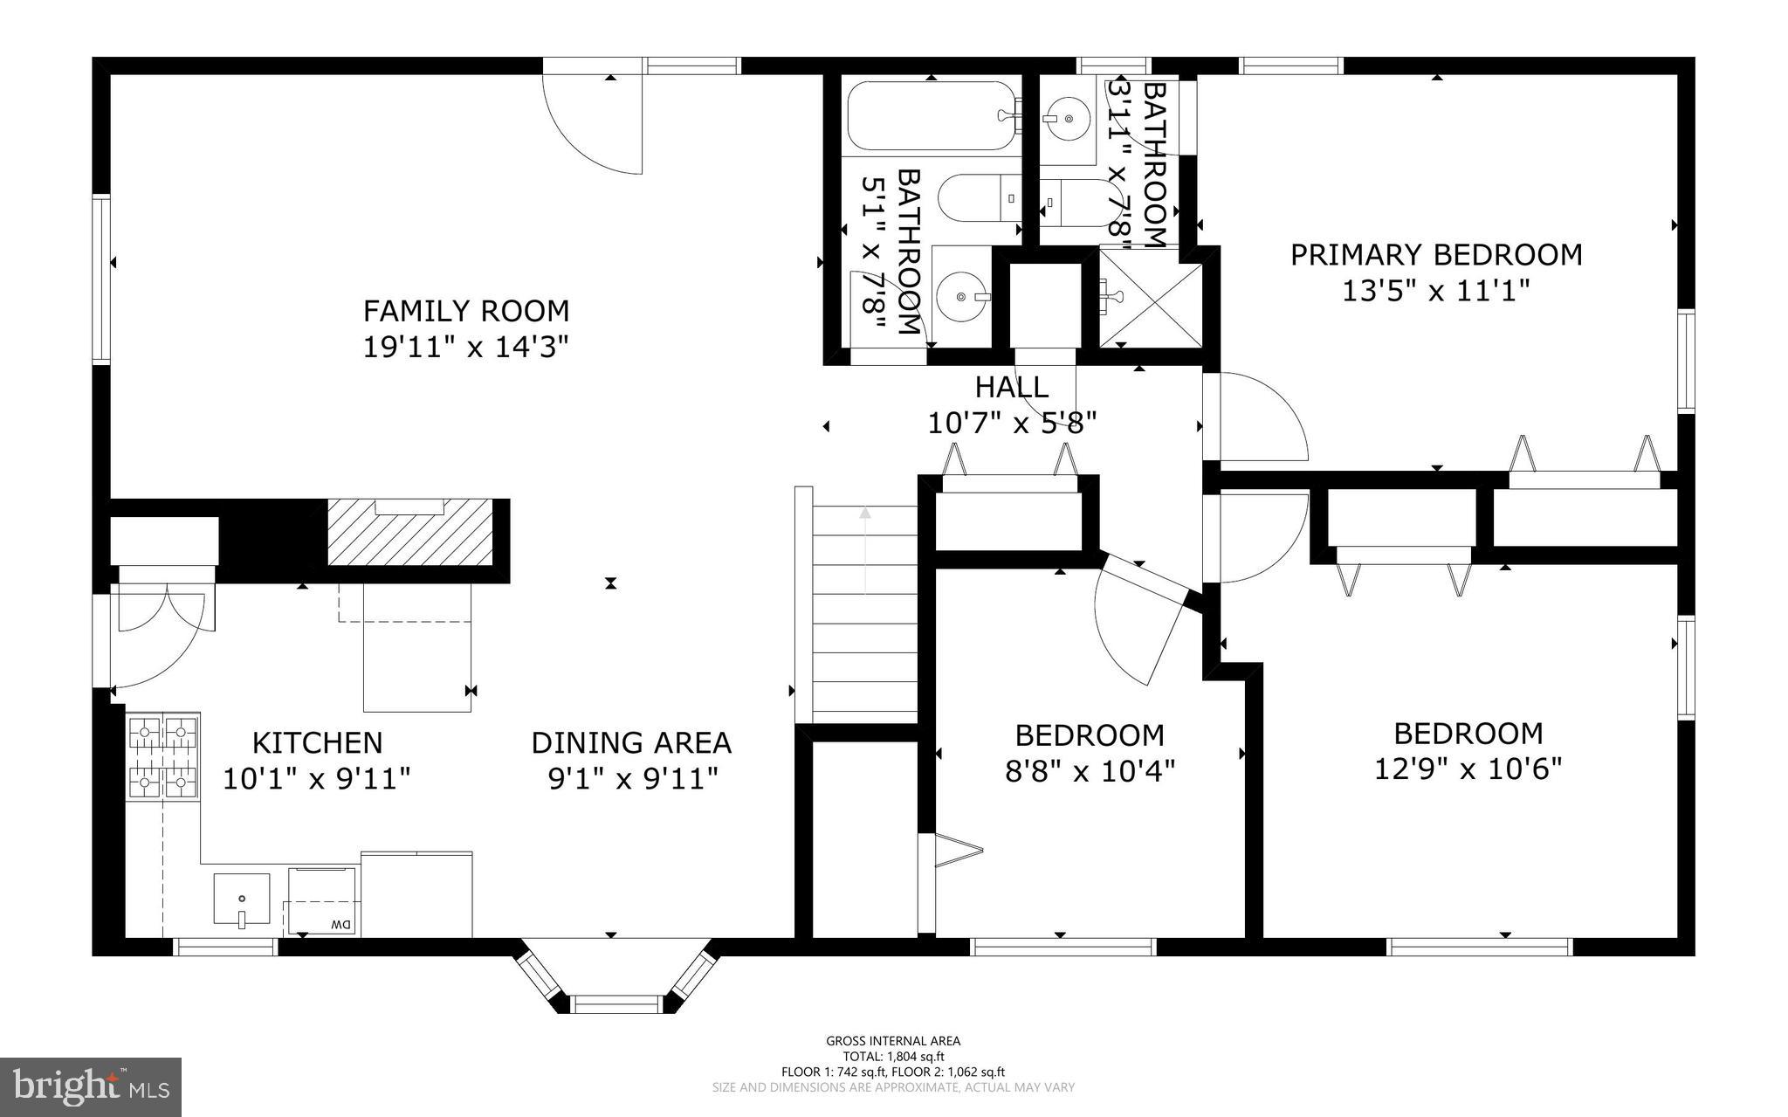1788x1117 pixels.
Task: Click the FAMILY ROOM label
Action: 465,310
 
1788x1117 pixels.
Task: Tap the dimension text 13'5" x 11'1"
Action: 1435,290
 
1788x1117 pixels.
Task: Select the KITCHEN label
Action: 317,742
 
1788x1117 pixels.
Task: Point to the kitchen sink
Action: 242,899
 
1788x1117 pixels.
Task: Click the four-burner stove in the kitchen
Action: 162,756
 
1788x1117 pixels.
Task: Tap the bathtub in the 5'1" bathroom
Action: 932,116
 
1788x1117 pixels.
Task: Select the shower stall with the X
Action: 1150,298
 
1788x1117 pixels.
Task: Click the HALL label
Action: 1011,386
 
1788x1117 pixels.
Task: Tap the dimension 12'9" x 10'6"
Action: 1468,769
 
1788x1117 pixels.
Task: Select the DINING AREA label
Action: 631,742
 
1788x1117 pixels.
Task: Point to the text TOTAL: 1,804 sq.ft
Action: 892,1056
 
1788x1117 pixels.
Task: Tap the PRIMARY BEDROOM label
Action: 1435,254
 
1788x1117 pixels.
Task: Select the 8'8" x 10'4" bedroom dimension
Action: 1090,771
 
